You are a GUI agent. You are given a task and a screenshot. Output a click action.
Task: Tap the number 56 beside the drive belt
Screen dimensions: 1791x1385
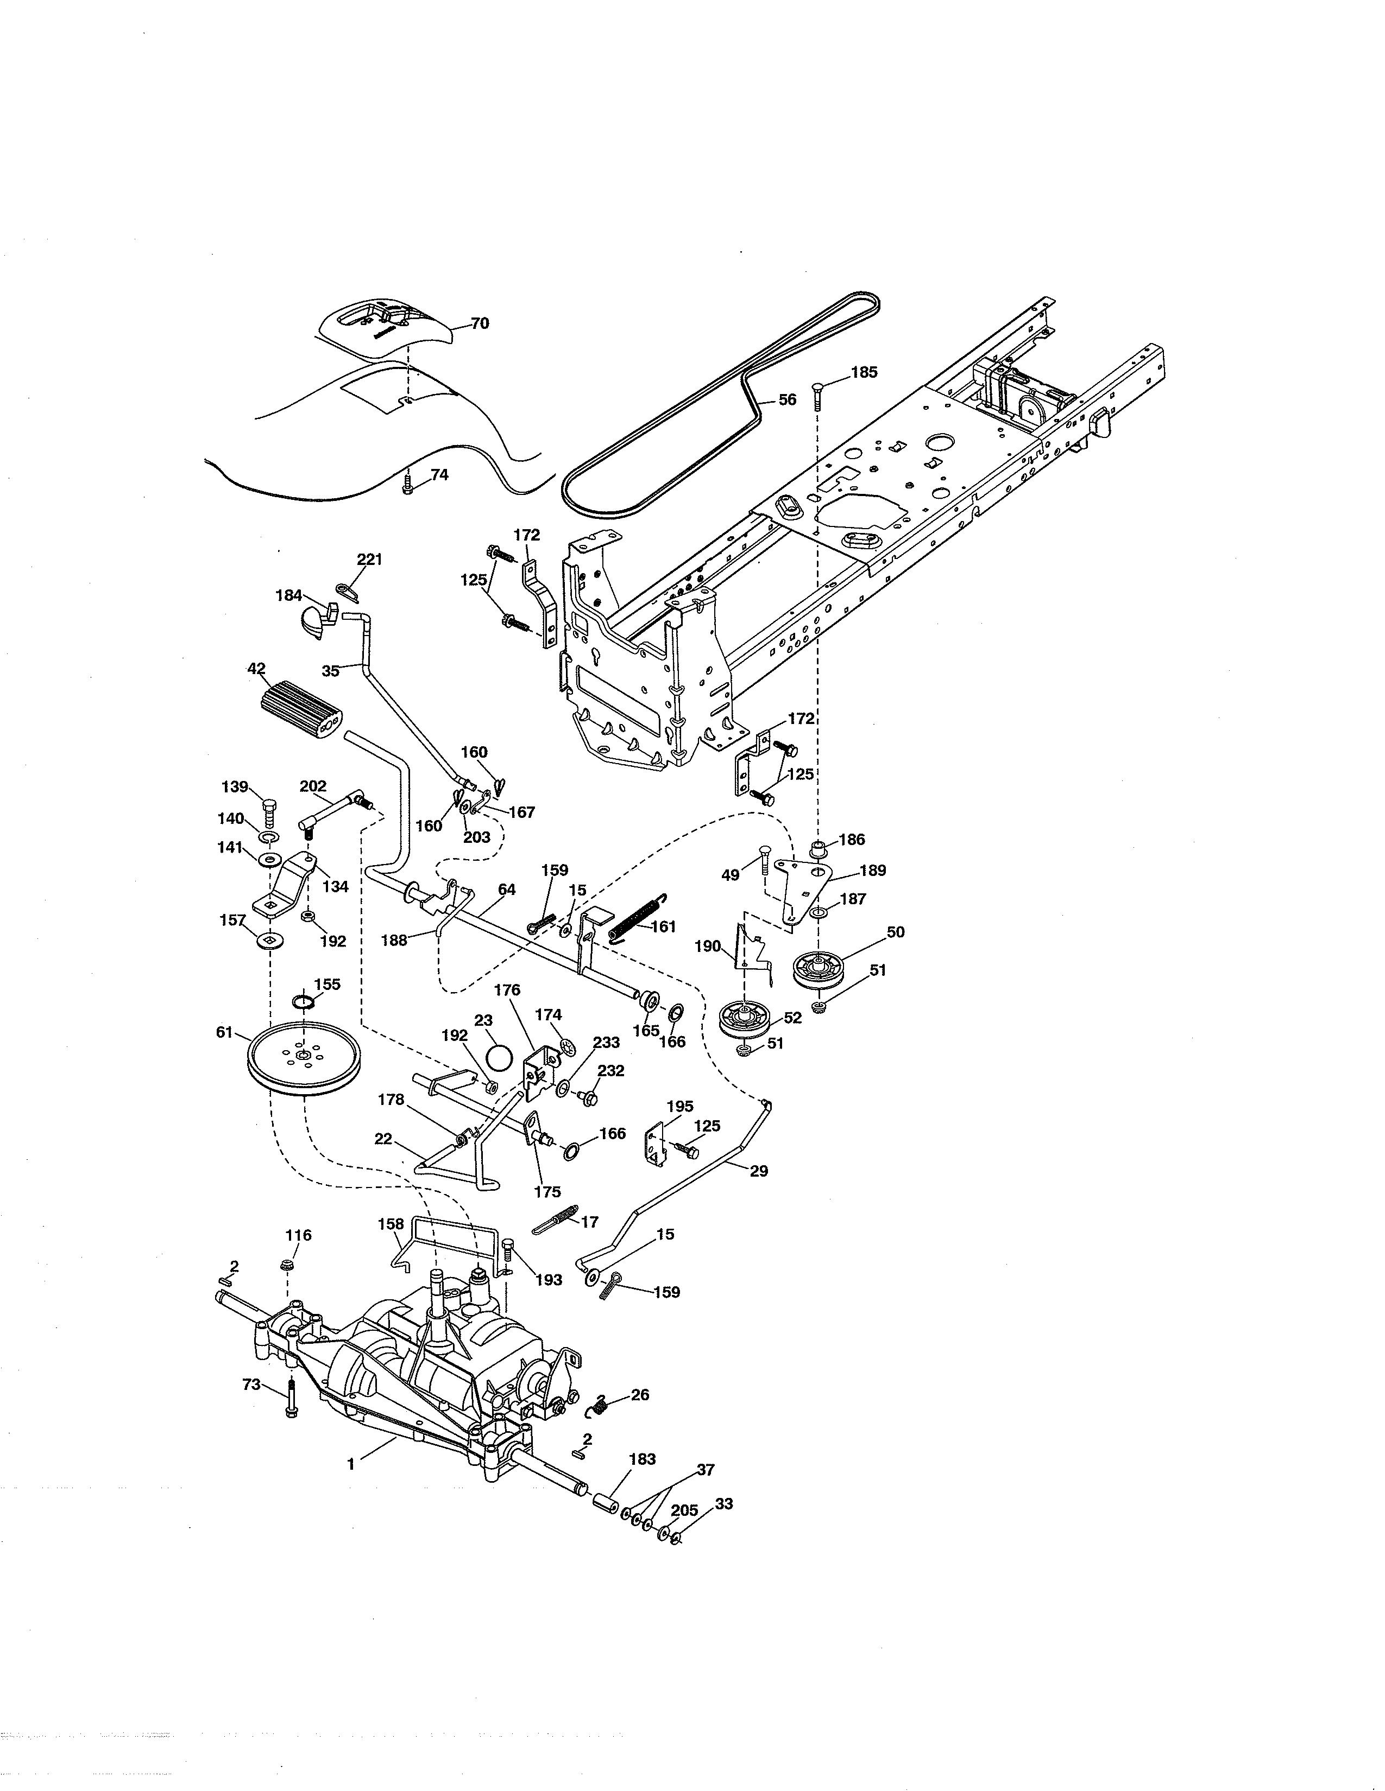point(787,400)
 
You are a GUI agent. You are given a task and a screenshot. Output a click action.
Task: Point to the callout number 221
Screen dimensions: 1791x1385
point(370,559)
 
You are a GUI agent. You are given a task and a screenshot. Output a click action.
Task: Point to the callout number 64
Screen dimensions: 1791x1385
point(507,889)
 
